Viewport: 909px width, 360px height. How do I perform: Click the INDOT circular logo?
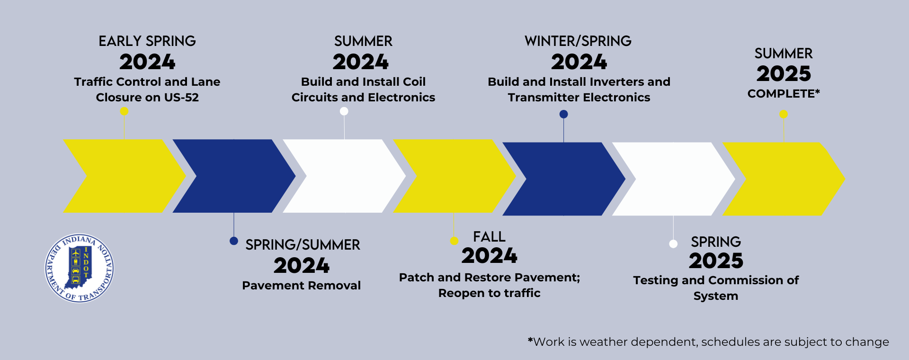(79, 269)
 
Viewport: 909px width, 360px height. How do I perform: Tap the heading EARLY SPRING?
(147, 41)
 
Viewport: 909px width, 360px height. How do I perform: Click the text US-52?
(181, 98)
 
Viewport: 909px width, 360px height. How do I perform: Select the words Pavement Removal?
(301, 286)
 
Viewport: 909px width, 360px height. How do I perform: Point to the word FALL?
(489, 237)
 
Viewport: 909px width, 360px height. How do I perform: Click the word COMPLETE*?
(784, 94)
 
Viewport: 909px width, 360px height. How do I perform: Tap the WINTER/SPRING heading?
(578, 41)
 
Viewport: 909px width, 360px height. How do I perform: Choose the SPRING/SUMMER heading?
(303, 245)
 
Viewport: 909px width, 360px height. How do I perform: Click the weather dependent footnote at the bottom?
(708, 342)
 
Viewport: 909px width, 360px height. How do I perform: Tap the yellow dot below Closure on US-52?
(124, 111)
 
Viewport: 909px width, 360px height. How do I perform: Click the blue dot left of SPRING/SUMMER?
(233, 241)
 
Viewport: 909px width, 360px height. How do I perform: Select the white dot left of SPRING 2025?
(673, 244)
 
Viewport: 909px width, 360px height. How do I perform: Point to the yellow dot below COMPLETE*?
(784, 114)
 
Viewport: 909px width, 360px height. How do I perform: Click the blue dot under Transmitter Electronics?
(563, 114)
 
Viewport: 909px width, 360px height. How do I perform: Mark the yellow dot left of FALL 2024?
(454, 241)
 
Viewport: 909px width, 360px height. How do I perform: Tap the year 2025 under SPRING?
(716, 261)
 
